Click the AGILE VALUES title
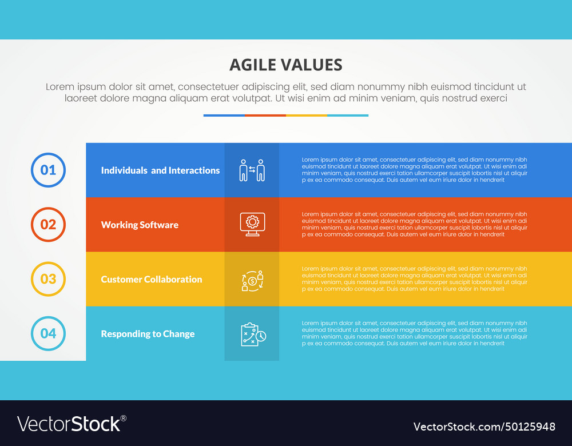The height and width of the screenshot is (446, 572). pyautogui.click(x=285, y=65)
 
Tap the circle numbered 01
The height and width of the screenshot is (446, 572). pyautogui.click(x=48, y=170)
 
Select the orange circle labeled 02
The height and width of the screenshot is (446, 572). pyautogui.click(x=48, y=225)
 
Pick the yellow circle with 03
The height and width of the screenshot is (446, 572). pyautogui.click(x=48, y=279)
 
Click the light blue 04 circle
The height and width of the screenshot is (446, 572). pyautogui.click(x=48, y=333)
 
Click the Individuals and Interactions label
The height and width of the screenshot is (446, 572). pyautogui.click(x=160, y=170)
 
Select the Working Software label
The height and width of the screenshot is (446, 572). pyautogui.click(x=140, y=225)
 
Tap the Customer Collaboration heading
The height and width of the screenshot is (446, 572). pyautogui.click(x=152, y=279)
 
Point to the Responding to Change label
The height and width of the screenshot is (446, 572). pyautogui.click(x=148, y=334)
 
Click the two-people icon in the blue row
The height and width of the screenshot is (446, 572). pyautogui.click(x=252, y=170)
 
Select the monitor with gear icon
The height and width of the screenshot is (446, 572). pyautogui.click(x=252, y=224)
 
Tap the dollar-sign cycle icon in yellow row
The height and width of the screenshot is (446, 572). pyautogui.click(x=252, y=280)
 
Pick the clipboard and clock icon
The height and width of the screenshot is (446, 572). pyautogui.click(x=252, y=334)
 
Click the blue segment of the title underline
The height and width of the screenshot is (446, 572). pyautogui.click(x=224, y=116)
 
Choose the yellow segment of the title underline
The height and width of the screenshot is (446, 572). pyautogui.click(x=306, y=116)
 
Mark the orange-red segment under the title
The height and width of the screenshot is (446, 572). pyautogui.click(x=265, y=116)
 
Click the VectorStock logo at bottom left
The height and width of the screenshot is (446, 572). pyautogui.click(x=71, y=424)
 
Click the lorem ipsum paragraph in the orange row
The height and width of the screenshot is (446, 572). pyautogui.click(x=414, y=224)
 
